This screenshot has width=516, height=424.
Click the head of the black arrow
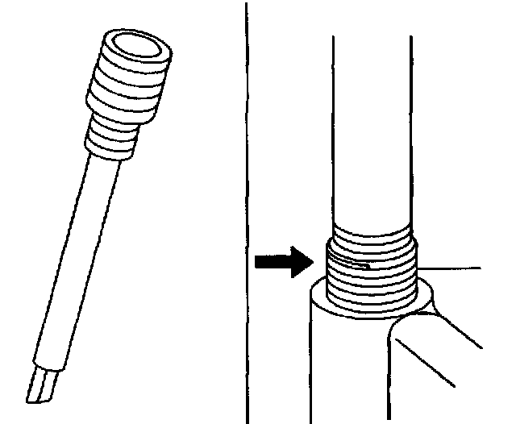point(302,263)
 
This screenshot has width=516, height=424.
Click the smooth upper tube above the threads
point(372,129)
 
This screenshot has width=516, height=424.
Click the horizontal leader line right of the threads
point(451,267)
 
